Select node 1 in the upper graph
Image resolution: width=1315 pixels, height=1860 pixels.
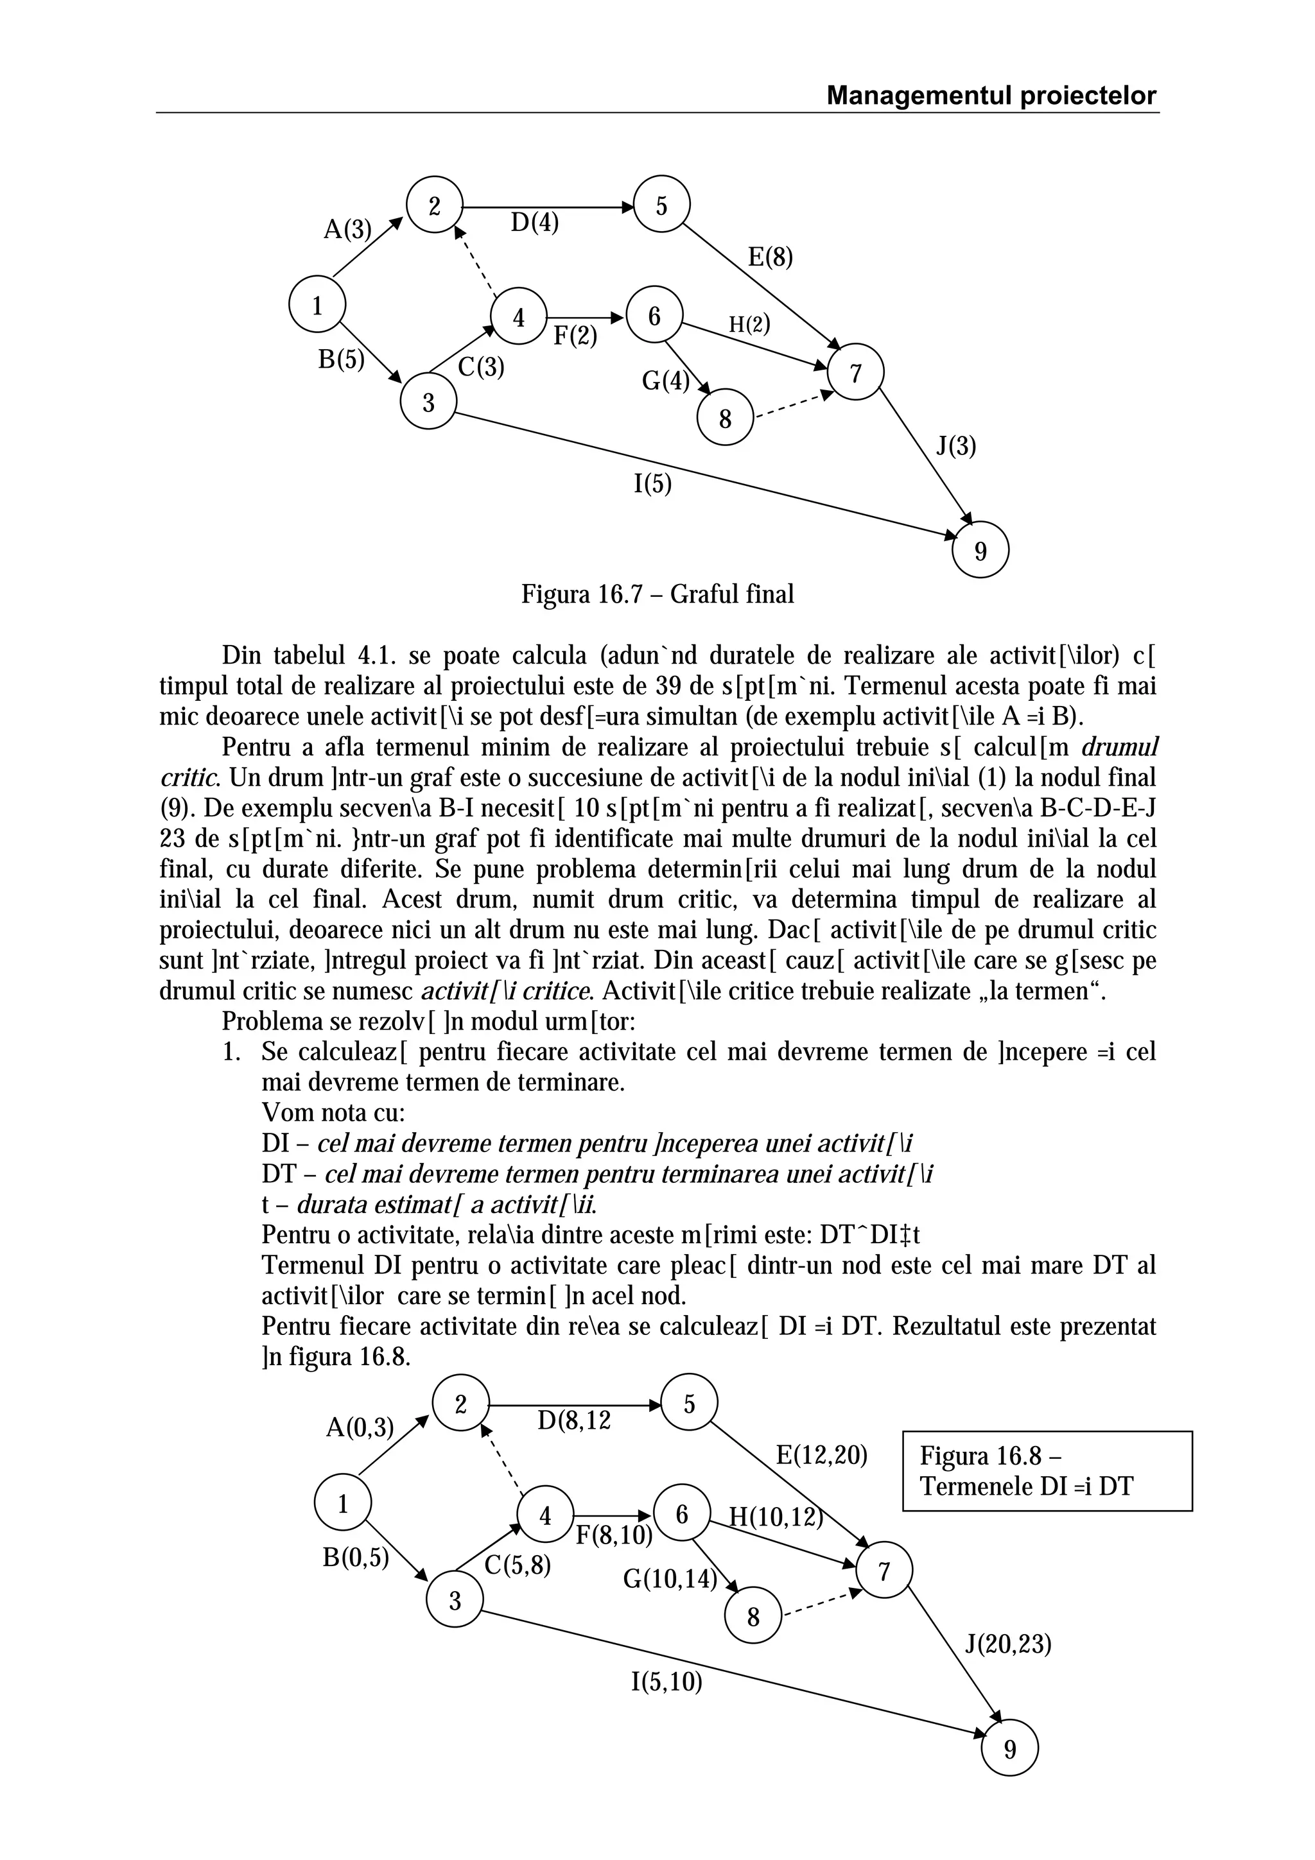(x=317, y=306)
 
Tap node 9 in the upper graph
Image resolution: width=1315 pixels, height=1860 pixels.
(x=980, y=551)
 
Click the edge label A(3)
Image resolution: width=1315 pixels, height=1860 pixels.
(x=347, y=230)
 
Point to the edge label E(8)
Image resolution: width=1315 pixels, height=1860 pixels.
(x=770, y=257)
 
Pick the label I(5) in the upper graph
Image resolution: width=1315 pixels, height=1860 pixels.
(x=652, y=485)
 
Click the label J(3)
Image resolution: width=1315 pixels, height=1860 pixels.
(x=956, y=446)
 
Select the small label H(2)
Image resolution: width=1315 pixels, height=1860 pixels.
(x=749, y=325)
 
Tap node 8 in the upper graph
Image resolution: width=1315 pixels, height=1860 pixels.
(x=725, y=419)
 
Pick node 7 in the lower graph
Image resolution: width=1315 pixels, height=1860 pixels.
(x=884, y=1572)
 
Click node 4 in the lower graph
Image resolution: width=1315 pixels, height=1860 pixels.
(x=544, y=1516)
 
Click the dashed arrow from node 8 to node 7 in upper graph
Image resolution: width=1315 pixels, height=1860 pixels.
(x=792, y=405)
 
